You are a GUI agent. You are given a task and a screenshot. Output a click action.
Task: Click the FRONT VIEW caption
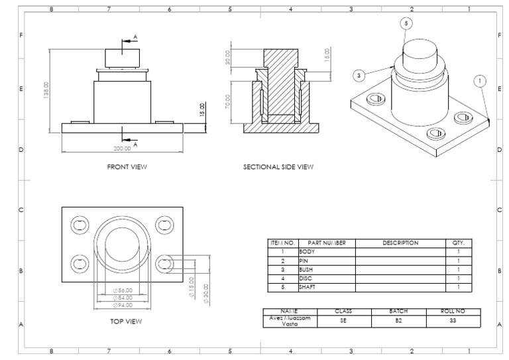[x=127, y=167]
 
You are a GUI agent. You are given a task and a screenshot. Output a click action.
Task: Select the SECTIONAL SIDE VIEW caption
[x=278, y=167]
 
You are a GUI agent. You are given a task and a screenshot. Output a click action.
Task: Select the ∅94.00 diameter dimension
[x=123, y=305]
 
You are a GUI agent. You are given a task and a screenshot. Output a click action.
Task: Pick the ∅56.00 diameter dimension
[x=123, y=290]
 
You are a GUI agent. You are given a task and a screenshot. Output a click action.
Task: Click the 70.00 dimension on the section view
[x=228, y=102]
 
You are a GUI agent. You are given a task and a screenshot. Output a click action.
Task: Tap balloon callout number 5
[x=406, y=23]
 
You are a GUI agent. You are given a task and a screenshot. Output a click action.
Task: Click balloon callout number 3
[x=359, y=76]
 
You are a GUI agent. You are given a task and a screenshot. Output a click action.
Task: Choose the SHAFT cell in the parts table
[x=308, y=288]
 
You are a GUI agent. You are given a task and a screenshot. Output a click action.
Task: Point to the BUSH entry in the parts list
[x=307, y=270]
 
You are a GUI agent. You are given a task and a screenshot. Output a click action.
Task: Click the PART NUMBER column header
[x=327, y=243]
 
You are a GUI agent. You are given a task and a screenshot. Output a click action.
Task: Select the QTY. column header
[x=458, y=243]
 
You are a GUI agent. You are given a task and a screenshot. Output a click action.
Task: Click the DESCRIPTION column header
[x=400, y=243]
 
